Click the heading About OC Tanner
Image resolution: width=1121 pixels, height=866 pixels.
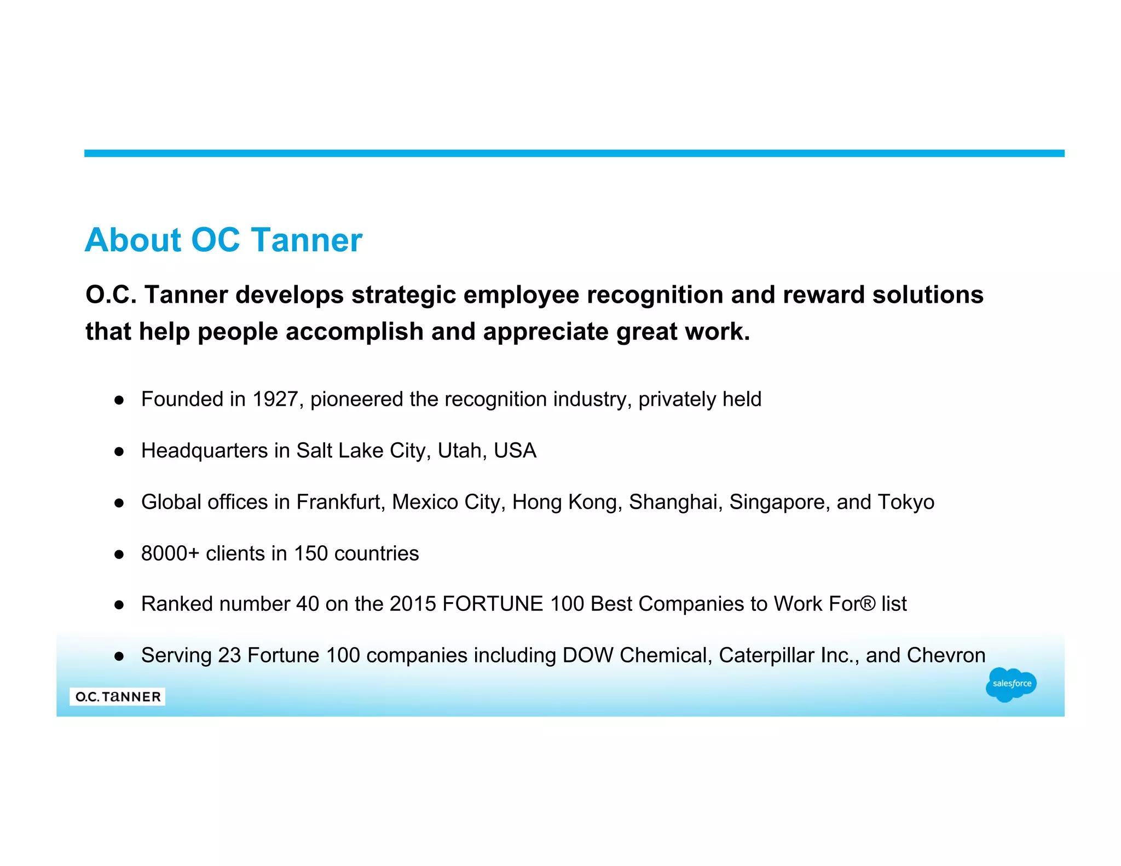pos(223,240)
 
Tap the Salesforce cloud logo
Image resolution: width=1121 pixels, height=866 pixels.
pos(1010,684)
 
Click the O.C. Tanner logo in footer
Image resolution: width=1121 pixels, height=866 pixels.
pos(118,696)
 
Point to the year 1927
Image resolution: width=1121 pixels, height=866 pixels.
pos(275,399)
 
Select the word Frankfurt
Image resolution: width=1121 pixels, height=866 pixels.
pos(339,502)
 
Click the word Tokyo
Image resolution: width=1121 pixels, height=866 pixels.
pos(906,502)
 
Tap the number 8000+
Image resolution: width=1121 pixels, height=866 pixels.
pos(170,553)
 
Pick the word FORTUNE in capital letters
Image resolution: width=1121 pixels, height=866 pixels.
pos(493,604)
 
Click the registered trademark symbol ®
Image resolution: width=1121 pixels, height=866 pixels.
pos(868,604)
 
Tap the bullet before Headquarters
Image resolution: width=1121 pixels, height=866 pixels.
pos(119,452)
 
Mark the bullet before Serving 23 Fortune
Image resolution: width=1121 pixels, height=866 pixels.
pos(119,656)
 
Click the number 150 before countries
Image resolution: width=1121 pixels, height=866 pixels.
pos(310,553)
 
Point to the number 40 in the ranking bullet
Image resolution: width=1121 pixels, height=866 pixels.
pos(307,604)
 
